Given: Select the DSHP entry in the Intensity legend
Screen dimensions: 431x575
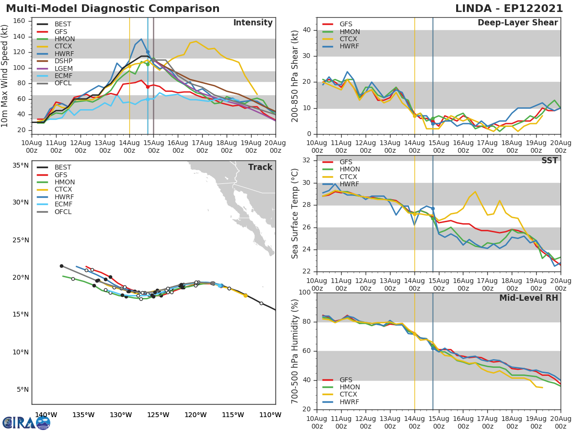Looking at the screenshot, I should pos(62,61).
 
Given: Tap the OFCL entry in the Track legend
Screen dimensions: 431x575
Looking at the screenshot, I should pos(63,212).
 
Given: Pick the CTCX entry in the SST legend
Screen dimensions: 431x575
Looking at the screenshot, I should pos(349,177).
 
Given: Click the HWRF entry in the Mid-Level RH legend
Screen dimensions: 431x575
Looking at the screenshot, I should pos(349,402).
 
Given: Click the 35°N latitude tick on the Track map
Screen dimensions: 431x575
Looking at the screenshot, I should pos(21,165).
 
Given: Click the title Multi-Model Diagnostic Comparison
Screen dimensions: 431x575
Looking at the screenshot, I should pos(113,9).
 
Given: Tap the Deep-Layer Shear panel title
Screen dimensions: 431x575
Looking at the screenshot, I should pos(517,23).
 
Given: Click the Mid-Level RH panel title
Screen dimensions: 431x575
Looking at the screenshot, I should pos(529,298).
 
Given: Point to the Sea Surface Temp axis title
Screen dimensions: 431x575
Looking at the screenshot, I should pos(295,213).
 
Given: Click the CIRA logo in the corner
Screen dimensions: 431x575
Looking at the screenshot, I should pos(26,422).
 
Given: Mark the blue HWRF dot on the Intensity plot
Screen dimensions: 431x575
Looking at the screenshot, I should pos(148,52).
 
